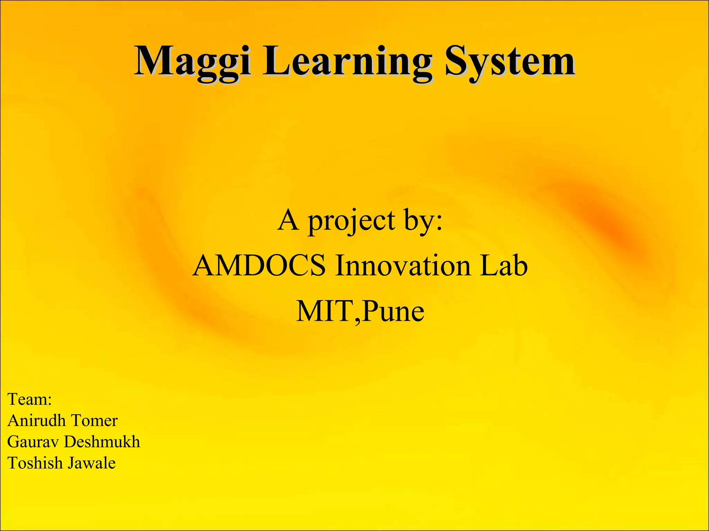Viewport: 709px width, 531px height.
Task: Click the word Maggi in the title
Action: (192, 62)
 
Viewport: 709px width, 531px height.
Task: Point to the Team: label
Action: (30, 399)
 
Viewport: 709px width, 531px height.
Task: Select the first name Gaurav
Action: (33, 442)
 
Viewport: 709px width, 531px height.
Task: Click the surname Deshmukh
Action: (102, 442)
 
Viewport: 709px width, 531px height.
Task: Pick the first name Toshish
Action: (35, 463)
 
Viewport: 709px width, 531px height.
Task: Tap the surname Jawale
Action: (91, 463)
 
